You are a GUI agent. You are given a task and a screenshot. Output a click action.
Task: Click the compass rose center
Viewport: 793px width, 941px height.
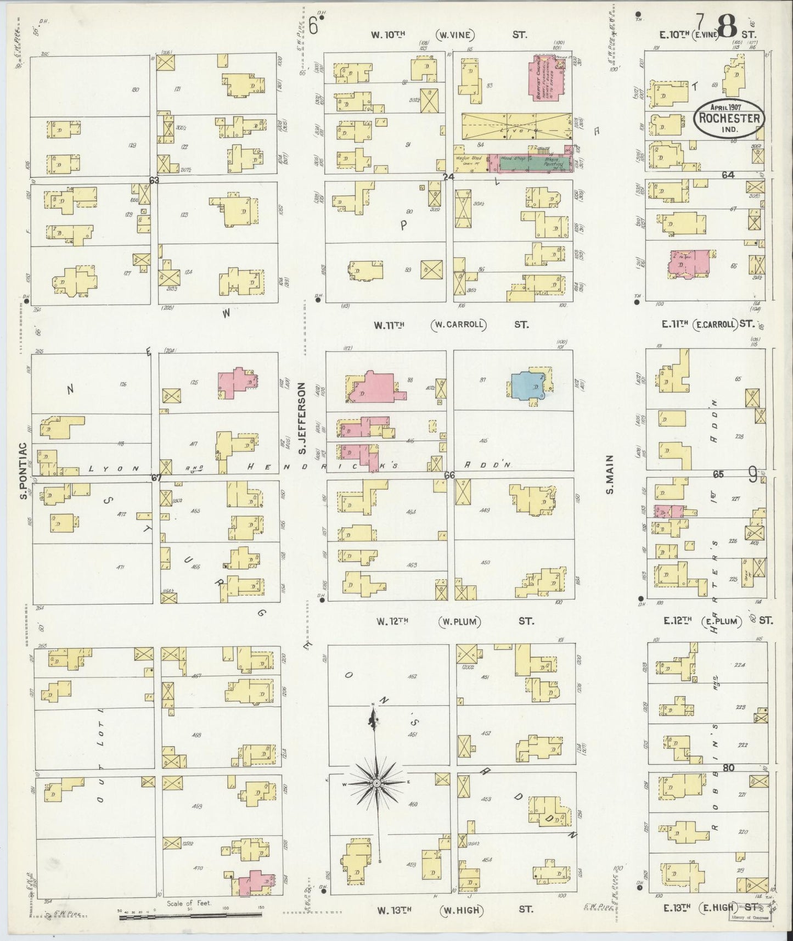378,782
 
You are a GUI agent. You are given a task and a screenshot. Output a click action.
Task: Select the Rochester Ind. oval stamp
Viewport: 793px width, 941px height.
728,119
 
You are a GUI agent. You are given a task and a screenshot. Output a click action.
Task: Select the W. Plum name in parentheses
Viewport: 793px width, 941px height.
460,621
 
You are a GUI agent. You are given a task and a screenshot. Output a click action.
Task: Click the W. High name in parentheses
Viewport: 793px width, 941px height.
461,910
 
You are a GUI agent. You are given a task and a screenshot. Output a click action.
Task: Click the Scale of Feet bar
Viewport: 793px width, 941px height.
190,914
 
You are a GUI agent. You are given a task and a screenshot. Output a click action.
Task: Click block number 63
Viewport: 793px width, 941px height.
154,180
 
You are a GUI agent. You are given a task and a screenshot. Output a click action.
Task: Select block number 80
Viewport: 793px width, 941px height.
728,768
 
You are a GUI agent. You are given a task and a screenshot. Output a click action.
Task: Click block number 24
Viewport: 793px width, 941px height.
449,177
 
